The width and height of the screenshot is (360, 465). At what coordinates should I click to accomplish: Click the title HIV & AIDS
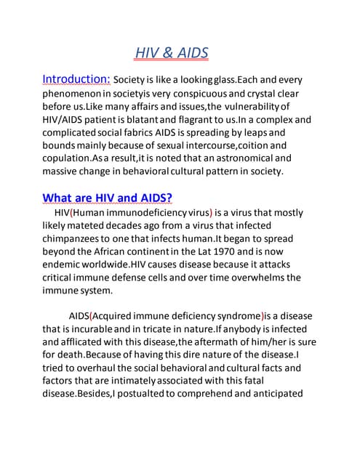[172, 53]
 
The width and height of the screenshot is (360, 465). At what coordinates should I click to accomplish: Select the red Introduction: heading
[76, 79]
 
